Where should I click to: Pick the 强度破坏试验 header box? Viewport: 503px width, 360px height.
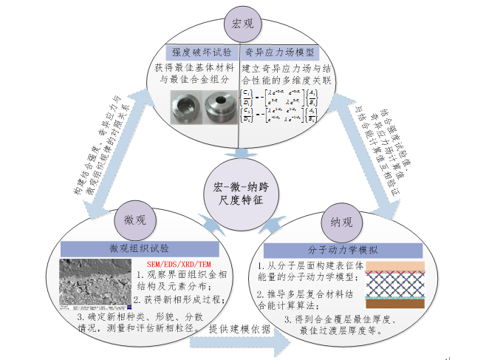pos(202,52)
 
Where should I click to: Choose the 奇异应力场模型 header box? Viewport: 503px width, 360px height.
pos(280,52)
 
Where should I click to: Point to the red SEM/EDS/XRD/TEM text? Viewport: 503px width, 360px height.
pos(177,264)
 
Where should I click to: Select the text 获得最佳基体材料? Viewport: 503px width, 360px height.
pos(197,67)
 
